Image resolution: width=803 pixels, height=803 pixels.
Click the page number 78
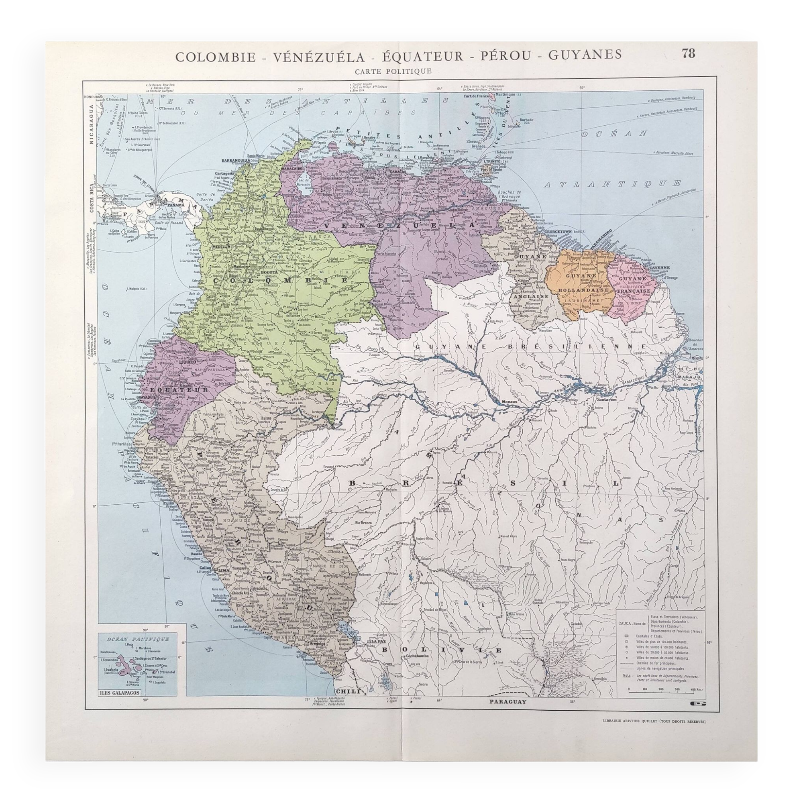point(688,54)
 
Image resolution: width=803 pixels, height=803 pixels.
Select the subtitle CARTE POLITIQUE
point(393,71)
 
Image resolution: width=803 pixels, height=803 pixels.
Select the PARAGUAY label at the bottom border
point(508,701)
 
